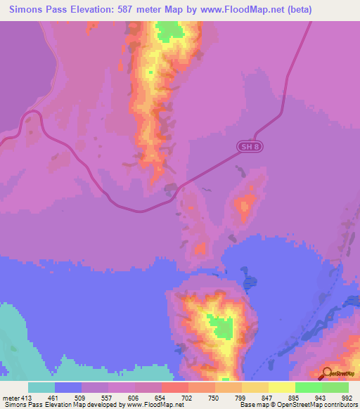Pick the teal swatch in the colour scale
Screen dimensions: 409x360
(x=41, y=387)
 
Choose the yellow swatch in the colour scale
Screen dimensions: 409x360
(x=282, y=387)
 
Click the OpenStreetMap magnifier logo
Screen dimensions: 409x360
(x=327, y=373)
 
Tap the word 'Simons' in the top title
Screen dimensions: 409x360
(x=29, y=10)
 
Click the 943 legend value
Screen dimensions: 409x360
(x=314, y=397)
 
